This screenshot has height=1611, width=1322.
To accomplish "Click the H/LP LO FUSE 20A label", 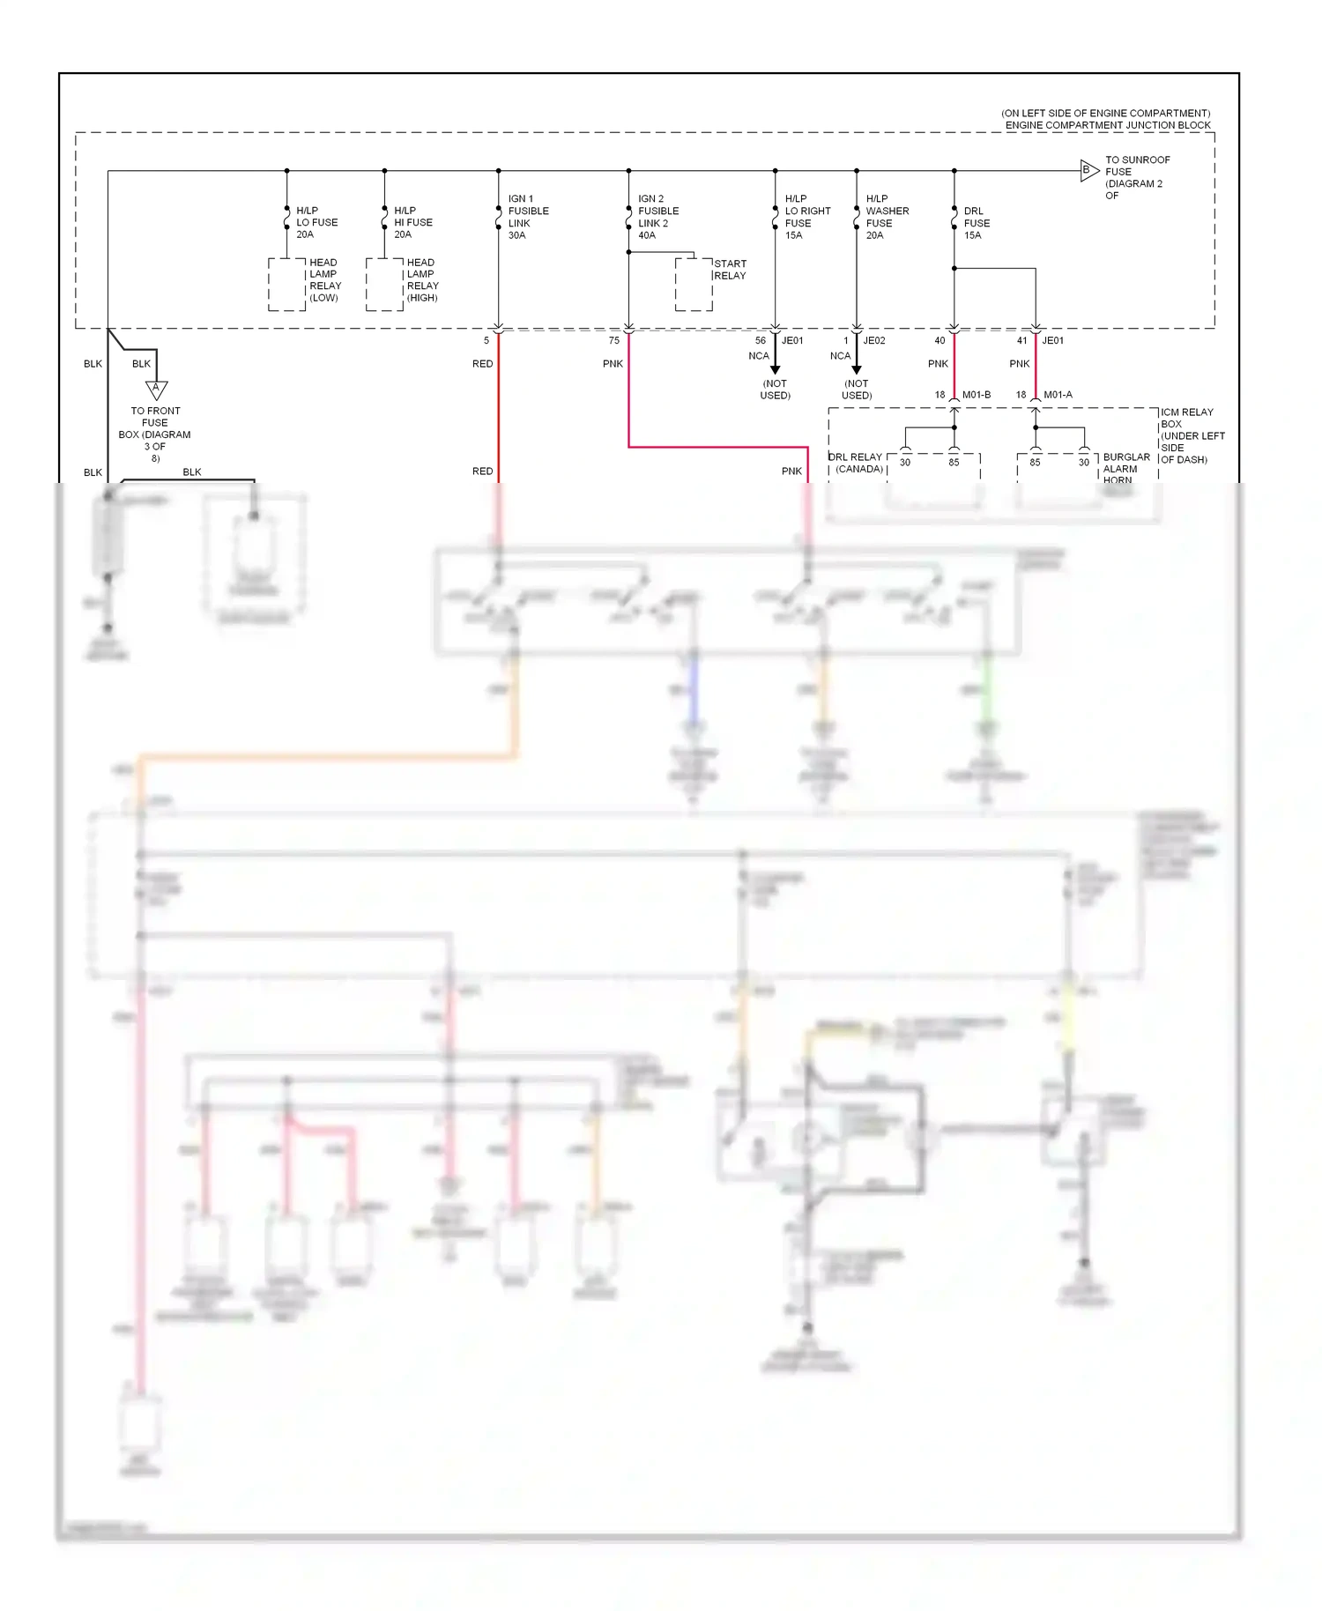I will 316,222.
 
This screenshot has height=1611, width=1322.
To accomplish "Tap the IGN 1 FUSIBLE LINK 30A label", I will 527,217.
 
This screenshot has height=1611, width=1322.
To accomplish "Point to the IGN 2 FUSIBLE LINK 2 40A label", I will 657,217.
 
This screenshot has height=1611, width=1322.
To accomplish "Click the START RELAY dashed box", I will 694,284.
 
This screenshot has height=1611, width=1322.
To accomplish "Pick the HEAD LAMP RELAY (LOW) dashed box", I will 286,284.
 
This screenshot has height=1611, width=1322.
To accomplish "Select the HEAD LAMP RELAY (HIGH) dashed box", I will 384,284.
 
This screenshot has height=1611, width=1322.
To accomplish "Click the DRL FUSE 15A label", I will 976,223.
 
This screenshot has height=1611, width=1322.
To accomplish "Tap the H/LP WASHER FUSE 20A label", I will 886,217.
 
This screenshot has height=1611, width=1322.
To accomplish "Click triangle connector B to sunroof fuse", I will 1088,170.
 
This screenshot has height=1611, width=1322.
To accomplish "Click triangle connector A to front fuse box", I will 156,389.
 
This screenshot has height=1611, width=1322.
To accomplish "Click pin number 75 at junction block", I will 614,340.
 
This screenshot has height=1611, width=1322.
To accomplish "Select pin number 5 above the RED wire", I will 486,340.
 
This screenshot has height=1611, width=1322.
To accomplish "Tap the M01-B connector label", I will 976,395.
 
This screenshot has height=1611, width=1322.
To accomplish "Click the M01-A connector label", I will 1058,395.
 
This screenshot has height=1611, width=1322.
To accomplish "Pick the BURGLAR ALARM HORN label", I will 1125,468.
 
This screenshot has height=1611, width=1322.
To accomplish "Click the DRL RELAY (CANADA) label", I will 856,463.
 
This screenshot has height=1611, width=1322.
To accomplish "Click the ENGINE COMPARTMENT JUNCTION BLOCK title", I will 1107,125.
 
